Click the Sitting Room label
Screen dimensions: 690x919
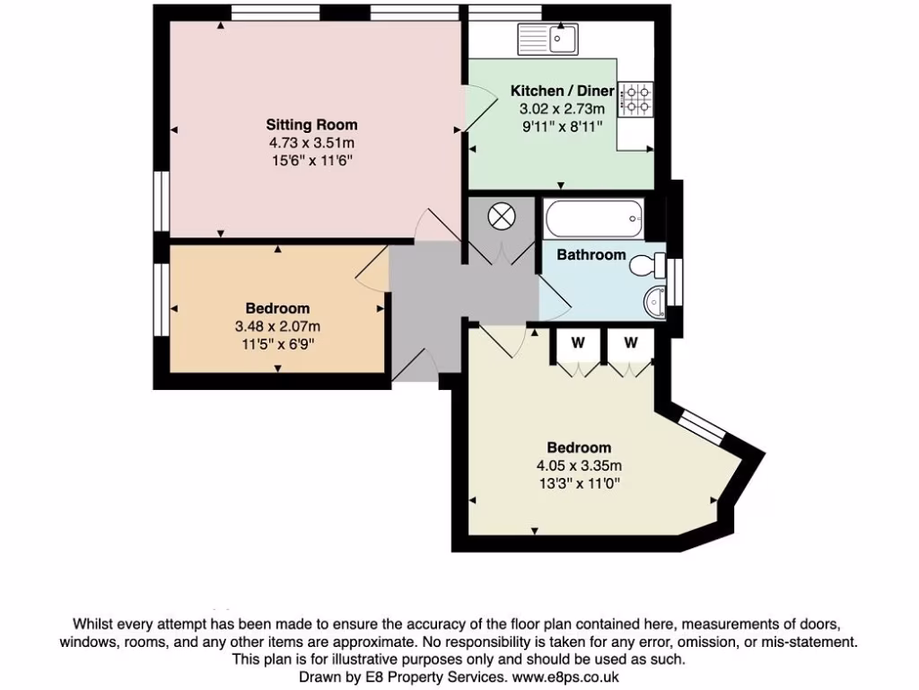pyautogui.click(x=311, y=125)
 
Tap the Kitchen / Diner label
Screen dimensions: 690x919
pyautogui.click(x=562, y=91)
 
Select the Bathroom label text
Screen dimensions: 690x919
pyautogui.click(x=591, y=255)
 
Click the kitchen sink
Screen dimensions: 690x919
pyautogui.click(x=549, y=39)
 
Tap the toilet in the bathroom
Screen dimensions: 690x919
pyautogui.click(x=645, y=266)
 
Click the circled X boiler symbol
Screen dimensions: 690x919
pyautogui.click(x=500, y=217)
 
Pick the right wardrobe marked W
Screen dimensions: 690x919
pyautogui.click(x=631, y=342)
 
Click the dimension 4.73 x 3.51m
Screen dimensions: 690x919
pyautogui.click(x=311, y=143)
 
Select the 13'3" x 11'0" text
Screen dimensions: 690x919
pyautogui.click(x=579, y=483)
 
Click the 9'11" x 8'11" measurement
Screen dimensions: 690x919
pyautogui.click(x=562, y=127)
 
